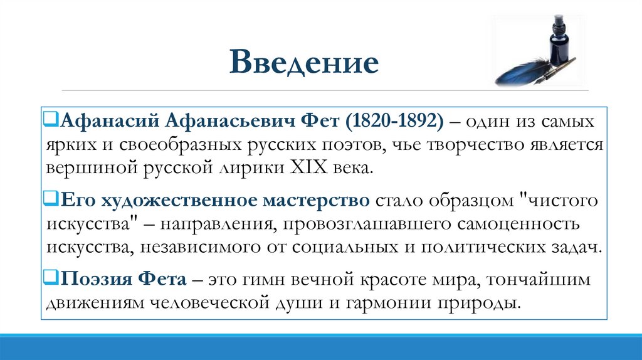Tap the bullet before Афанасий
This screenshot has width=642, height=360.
[51, 119]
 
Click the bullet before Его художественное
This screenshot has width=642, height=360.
[51, 199]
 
